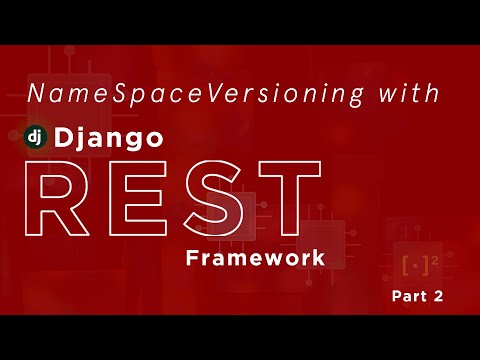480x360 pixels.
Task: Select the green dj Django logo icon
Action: pyautogui.click(x=37, y=138)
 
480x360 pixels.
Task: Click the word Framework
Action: pyautogui.click(x=255, y=258)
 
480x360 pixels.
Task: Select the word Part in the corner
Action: pyautogui.click(x=407, y=296)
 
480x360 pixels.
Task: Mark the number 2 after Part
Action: pyautogui.click(x=438, y=296)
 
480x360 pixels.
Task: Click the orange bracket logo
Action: pyautogui.click(x=413, y=266)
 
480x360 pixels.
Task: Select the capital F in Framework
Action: pyautogui.click(x=192, y=258)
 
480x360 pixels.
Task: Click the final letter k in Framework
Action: pyautogui.click(x=318, y=258)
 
